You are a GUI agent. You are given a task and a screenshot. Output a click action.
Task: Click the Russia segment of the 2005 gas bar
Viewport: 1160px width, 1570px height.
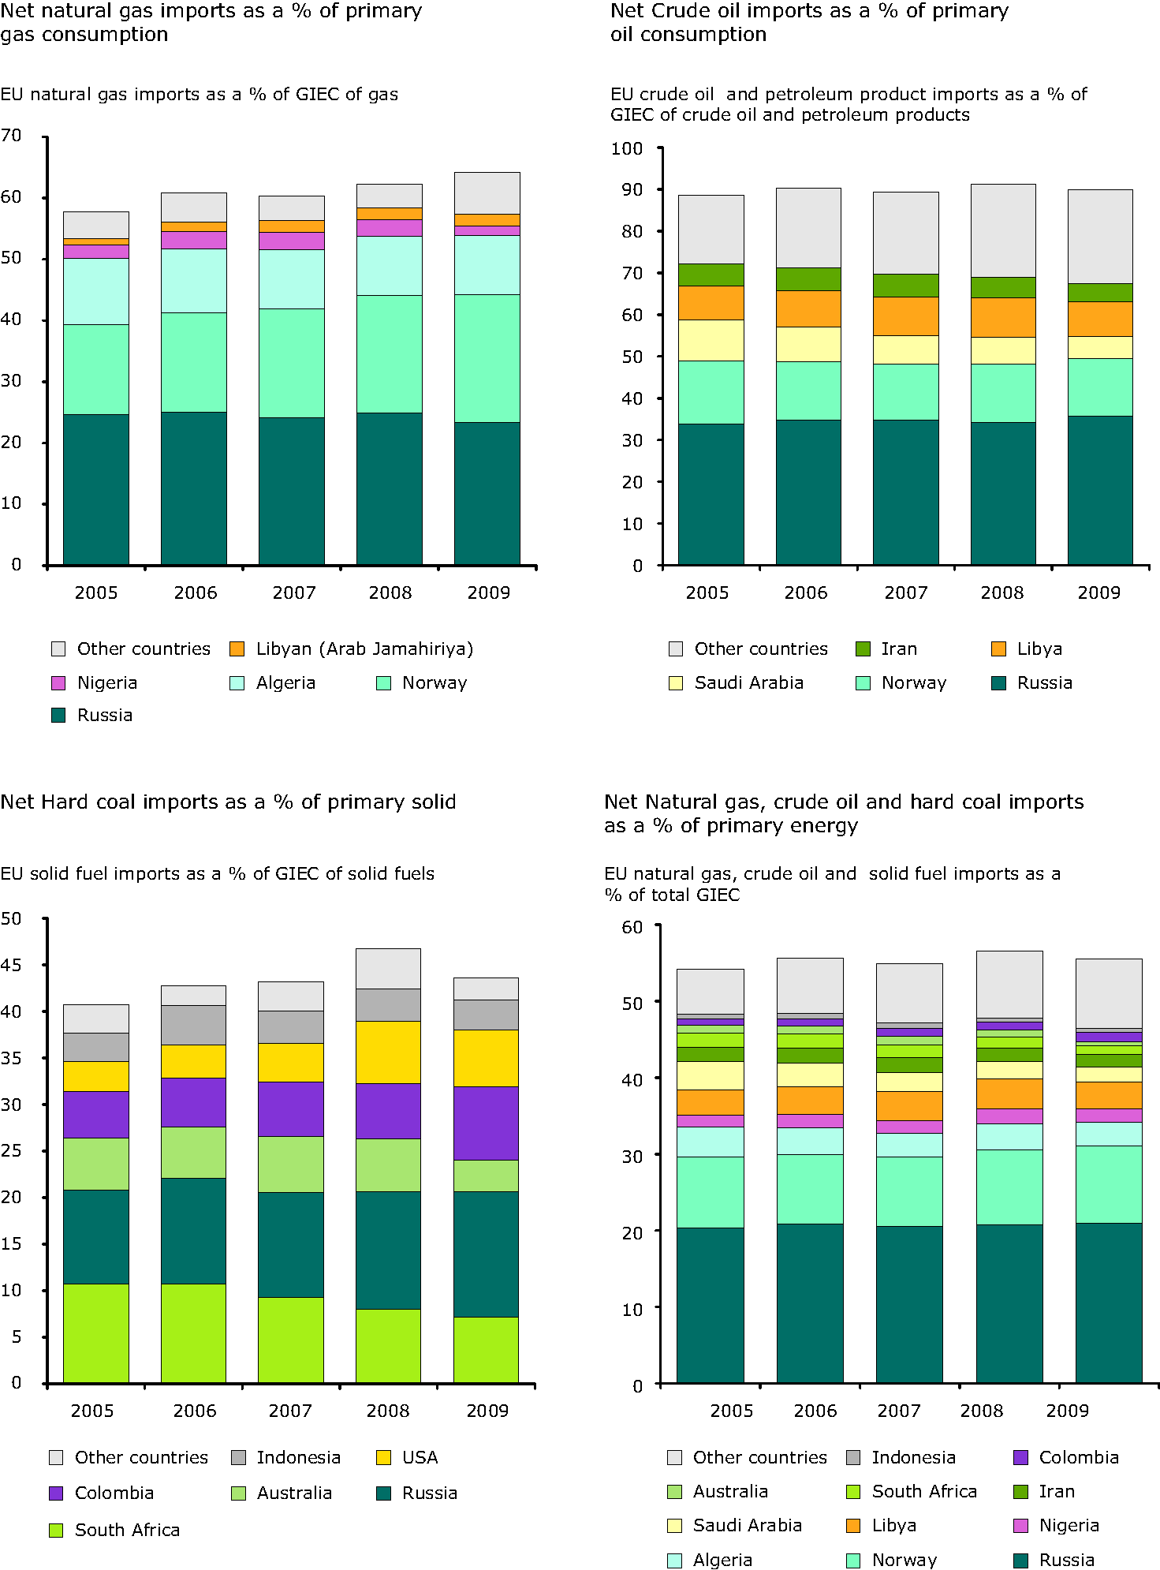[96, 489]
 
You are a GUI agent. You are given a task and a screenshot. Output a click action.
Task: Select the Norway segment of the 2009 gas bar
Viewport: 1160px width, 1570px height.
[487, 358]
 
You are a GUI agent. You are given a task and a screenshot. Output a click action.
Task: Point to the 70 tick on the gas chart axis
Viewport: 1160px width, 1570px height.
[12, 136]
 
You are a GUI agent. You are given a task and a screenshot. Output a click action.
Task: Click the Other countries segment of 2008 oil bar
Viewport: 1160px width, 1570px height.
[1002, 230]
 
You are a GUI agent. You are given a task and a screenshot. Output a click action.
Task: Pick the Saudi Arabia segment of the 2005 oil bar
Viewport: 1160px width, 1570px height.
[711, 340]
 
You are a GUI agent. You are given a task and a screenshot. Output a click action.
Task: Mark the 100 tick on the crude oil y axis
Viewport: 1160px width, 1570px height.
[627, 148]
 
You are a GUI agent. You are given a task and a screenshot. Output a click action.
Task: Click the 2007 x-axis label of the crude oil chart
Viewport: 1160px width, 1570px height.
[905, 593]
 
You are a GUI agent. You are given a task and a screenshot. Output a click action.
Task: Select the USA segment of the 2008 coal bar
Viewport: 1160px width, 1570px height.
[388, 1052]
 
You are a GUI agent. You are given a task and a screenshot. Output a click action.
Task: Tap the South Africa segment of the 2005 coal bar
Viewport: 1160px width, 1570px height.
[96, 1333]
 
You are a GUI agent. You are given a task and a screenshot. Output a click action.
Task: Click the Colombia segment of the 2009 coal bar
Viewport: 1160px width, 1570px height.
[486, 1123]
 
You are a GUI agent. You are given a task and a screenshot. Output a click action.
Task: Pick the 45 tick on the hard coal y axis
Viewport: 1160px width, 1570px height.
[12, 965]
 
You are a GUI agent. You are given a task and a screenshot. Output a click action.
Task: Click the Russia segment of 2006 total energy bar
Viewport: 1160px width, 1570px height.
[810, 1303]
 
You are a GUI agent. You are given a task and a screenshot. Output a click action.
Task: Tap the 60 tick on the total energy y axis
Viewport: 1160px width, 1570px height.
[632, 927]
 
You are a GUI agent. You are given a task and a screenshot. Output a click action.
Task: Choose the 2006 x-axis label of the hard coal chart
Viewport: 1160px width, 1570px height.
[194, 1411]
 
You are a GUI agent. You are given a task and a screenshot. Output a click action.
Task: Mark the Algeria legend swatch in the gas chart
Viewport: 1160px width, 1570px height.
[237, 683]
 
